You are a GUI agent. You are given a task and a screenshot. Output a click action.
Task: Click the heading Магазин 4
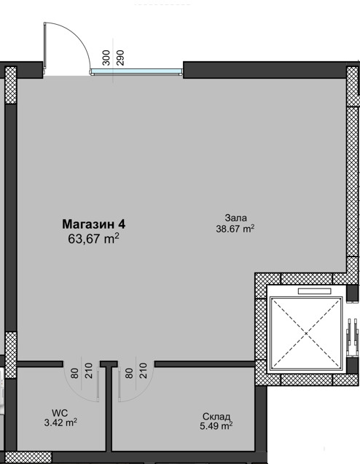click(x=93, y=224)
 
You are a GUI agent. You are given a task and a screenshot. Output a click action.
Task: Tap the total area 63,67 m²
click(x=93, y=238)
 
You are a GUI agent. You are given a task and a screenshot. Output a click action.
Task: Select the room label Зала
click(x=235, y=218)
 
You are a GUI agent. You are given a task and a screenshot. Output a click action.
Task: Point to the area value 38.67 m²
click(x=235, y=229)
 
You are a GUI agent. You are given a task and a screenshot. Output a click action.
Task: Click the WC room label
click(x=60, y=413)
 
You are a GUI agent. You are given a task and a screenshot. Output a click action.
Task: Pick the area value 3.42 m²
click(x=60, y=422)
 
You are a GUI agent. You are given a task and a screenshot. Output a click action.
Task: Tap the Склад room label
click(x=216, y=417)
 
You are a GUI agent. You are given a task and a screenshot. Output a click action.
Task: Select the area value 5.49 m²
click(x=216, y=426)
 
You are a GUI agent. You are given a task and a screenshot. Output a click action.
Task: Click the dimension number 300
click(x=106, y=58)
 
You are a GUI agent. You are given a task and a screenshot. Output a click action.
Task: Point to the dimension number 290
click(x=120, y=58)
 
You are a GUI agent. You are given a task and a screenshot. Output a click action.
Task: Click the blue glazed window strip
click(x=136, y=71)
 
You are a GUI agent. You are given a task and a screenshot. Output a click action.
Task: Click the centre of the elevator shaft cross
click(x=306, y=334)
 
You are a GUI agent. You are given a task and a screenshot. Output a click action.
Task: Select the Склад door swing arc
click(x=145, y=389)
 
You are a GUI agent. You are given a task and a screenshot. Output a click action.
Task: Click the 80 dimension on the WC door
click(x=74, y=373)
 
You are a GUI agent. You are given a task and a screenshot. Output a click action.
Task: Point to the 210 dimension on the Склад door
click(x=143, y=371)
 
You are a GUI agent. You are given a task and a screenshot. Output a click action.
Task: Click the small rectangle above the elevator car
click(x=314, y=291)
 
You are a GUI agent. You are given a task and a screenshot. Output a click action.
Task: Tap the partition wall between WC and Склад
click(x=109, y=409)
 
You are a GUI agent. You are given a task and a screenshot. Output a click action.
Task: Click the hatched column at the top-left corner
click(x=11, y=85)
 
